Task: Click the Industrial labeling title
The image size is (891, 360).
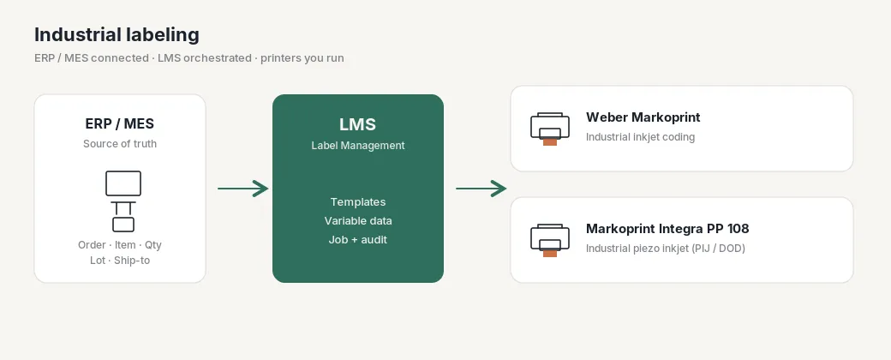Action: point(117,34)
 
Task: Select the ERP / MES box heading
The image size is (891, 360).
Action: point(120,123)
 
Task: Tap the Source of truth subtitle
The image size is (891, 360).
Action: point(120,144)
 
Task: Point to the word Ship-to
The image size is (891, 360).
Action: point(132,261)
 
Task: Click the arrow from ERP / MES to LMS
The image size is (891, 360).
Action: point(242,189)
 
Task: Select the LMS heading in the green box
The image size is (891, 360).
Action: point(358,124)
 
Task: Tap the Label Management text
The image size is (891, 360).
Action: point(358,146)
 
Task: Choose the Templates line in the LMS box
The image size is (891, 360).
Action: point(358,202)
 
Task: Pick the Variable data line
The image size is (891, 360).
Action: point(358,220)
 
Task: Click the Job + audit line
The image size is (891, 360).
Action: point(358,239)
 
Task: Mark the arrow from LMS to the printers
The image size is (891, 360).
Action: point(481,189)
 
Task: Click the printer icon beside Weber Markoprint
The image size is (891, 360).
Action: point(549,129)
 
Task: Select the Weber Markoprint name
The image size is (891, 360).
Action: point(643,117)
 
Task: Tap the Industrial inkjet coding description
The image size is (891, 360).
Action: point(641,137)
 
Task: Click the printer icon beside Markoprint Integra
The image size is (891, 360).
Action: point(549,240)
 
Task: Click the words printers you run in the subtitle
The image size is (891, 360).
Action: point(302,58)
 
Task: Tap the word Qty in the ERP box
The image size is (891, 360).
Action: point(152,245)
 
